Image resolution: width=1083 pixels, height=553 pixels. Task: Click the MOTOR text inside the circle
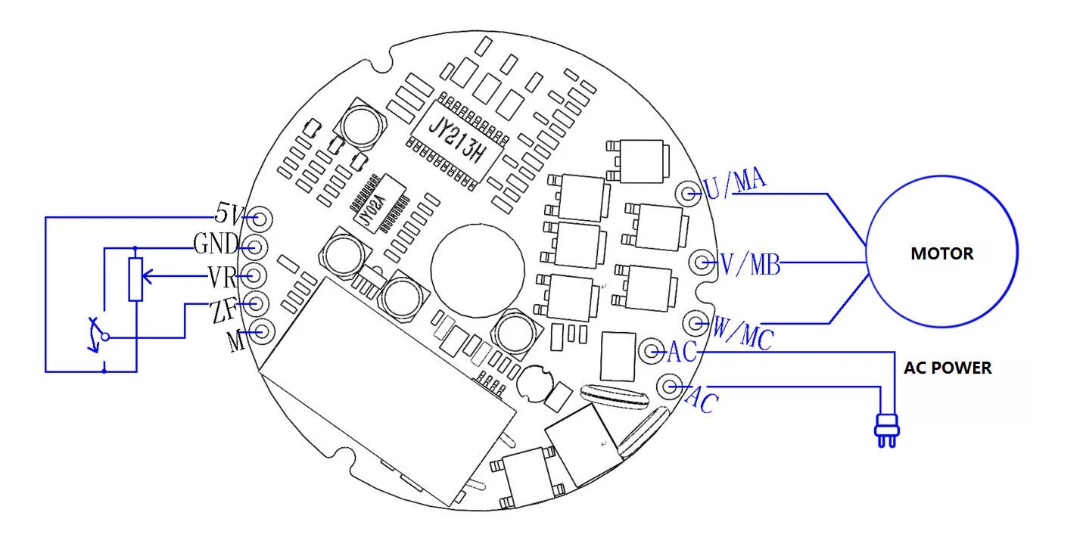pos(941,253)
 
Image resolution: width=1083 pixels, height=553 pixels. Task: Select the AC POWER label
pos(948,368)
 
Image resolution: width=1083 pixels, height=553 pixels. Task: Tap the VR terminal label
pos(223,278)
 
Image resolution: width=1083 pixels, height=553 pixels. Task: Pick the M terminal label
pos(236,342)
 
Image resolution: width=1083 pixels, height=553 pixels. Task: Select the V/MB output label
pos(749,265)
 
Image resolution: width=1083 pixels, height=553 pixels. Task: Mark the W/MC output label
pos(742,334)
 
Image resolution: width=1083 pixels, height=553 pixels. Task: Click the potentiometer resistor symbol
pos(135,279)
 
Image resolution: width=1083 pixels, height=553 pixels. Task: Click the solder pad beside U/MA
pos(689,194)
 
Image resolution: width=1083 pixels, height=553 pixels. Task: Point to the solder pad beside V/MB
pos(703,263)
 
